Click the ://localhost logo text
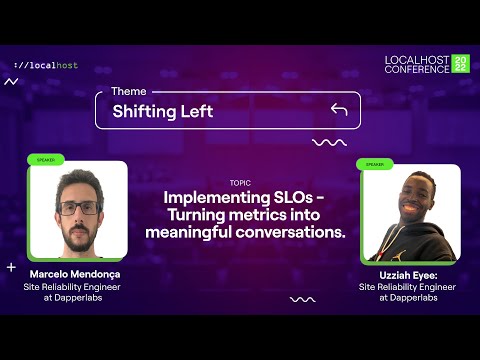tap(46, 65)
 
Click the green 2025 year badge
tap(460, 64)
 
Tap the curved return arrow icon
tap(339, 109)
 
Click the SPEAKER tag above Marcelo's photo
tap(47, 159)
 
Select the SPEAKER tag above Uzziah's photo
tap(375, 164)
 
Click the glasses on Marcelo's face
tap(78, 208)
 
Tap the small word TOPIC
tap(240, 183)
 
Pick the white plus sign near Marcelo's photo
tap(11, 267)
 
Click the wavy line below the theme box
tap(329, 143)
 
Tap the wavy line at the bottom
tap(302, 298)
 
